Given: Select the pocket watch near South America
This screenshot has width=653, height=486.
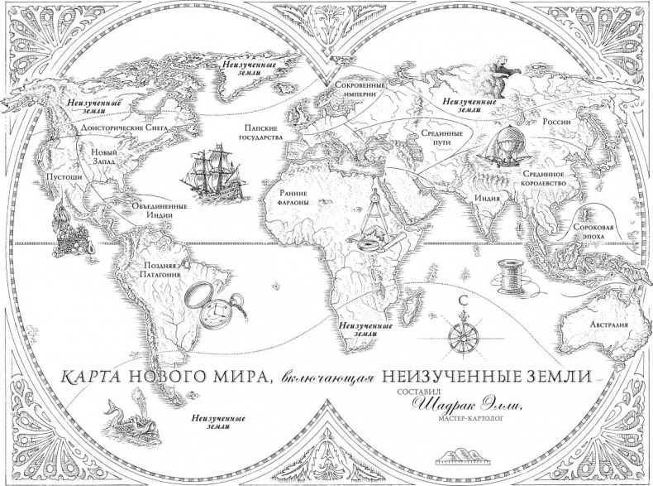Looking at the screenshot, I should click(209, 303).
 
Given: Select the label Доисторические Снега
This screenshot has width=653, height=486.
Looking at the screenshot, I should click(115, 129).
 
